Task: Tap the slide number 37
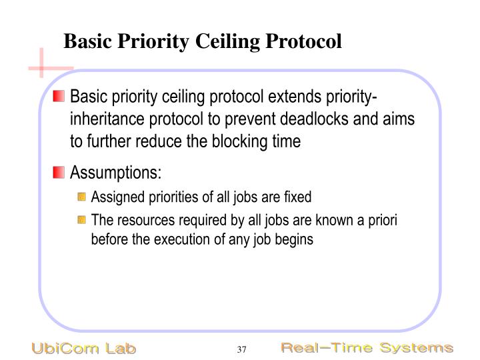point(241,349)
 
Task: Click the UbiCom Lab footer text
point(83,349)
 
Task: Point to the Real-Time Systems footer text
point(366,348)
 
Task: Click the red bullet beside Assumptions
point(59,173)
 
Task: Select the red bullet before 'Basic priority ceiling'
point(59,97)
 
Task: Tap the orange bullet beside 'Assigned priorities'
point(81,197)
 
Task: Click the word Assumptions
point(115,173)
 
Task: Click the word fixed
point(299,197)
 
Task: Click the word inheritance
point(107,119)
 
